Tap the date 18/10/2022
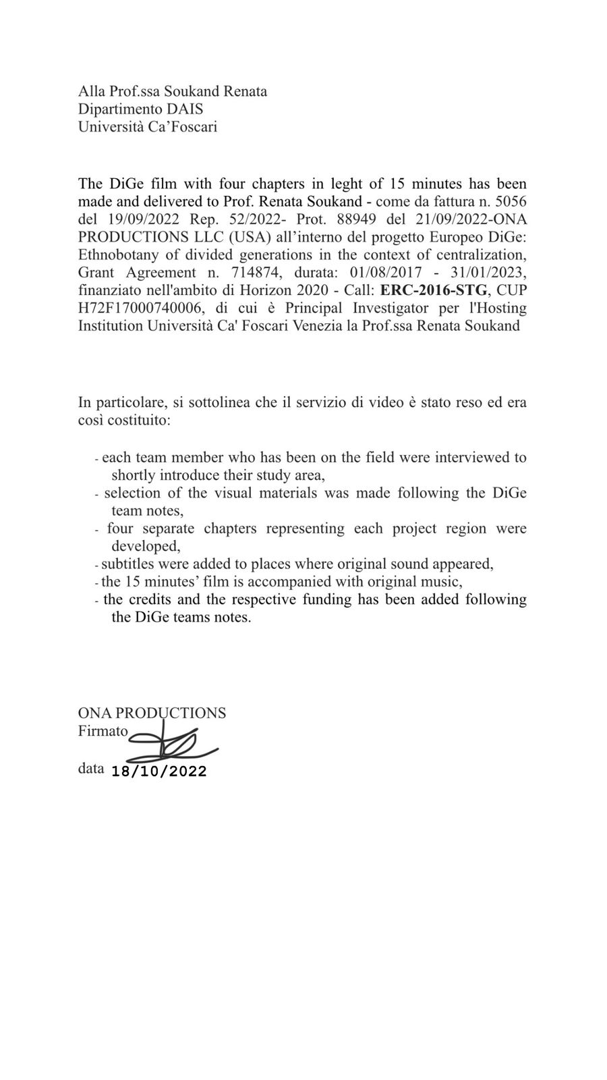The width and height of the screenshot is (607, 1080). (159, 772)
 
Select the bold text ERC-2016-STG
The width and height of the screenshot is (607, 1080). (434, 291)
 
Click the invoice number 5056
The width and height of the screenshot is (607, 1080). (511, 201)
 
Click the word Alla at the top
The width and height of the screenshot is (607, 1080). (90, 91)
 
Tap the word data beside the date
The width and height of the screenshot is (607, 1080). (91, 768)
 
